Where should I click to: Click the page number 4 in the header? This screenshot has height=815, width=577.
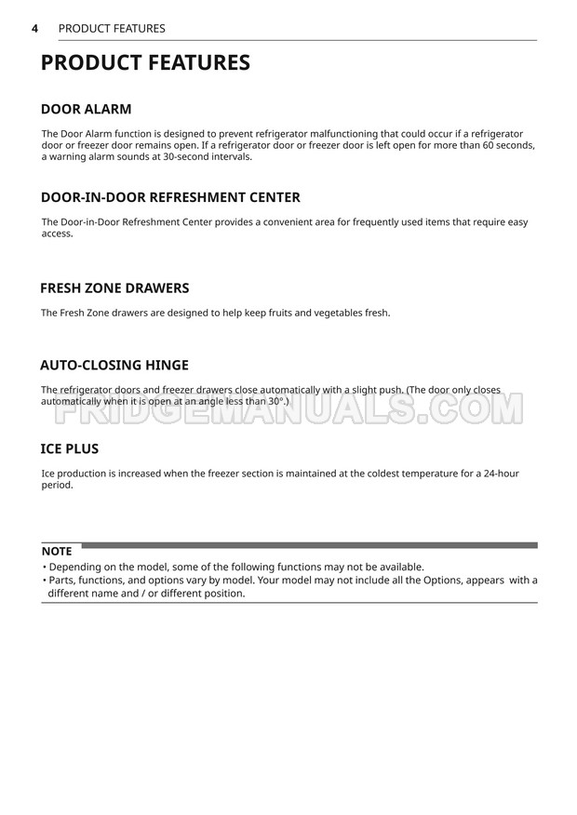[x=34, y=28]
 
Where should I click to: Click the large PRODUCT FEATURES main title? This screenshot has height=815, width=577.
[x=146, y=63]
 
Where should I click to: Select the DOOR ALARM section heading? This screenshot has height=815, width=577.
[x=87, y=109]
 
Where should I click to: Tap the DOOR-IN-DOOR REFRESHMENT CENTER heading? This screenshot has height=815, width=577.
[x=170, y=197]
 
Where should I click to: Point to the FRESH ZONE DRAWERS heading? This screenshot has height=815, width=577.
[x=114, y=288]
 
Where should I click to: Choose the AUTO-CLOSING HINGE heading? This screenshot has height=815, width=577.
[x=114, y=365]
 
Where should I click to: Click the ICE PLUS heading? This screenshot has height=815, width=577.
[x=70, y=448]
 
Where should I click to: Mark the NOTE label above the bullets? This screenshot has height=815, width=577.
[x=57, y=552]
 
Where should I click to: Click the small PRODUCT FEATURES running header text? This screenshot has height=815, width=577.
[x=112, y=28]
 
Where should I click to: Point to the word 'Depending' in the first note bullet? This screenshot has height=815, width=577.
[x=76, y=567]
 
